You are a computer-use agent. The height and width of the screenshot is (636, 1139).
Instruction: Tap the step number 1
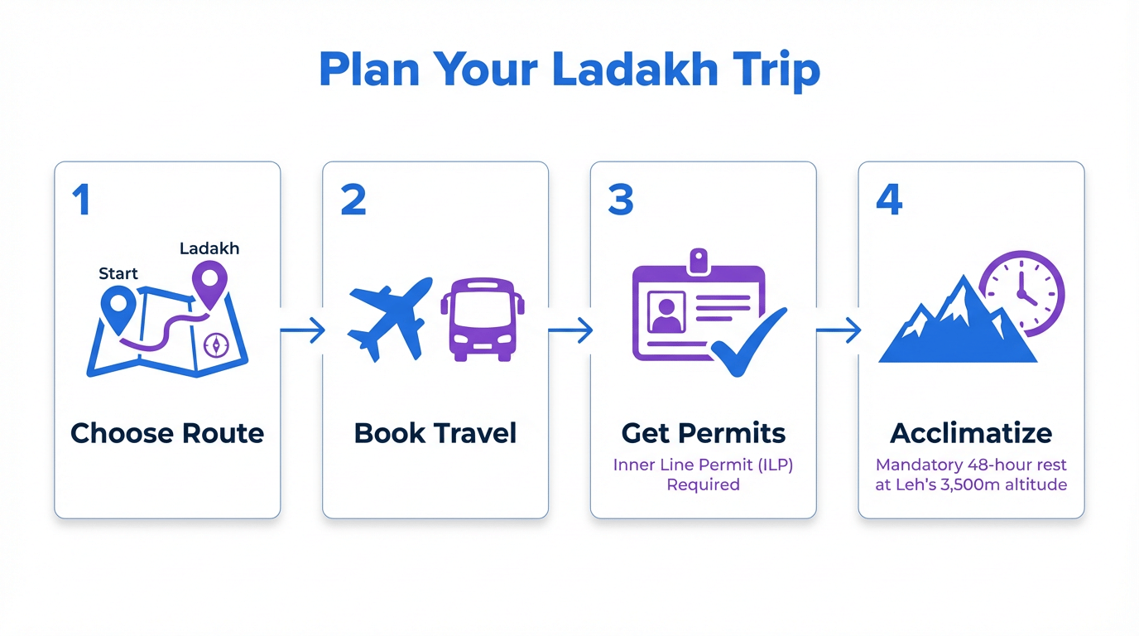pos(81,200)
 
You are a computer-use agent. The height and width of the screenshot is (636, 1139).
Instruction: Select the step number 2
pos(353,200)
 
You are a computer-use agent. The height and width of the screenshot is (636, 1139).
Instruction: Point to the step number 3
pos(621,200)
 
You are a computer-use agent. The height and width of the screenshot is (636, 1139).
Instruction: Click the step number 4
pos(889,200)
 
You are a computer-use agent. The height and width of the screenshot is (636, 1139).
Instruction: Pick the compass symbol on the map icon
pos(216,344)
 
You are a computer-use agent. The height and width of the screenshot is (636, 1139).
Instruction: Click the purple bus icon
pos(483,319)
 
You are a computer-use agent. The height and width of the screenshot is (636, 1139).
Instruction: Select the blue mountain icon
pos(952,327)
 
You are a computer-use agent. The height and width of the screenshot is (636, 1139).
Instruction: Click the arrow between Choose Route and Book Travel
pos(302,331)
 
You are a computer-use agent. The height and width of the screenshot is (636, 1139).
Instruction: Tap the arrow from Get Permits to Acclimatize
pos(838,331)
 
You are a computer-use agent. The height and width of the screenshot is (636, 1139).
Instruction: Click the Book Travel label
pos(435,433)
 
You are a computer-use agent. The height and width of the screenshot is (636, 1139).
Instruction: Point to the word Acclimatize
pos(971,433)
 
